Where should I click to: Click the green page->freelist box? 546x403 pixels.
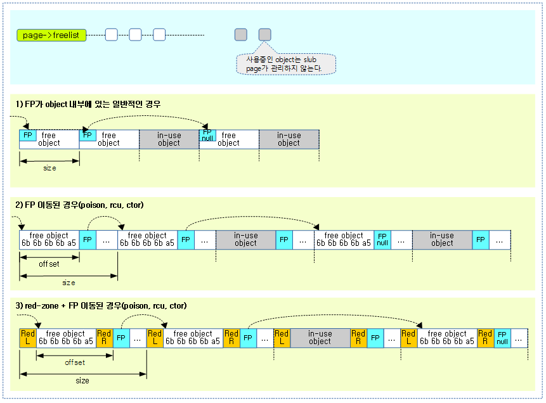(x=51, y=35)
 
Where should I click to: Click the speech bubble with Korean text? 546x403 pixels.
(x=285, y=64)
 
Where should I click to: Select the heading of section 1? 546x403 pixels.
(x=88, y=103)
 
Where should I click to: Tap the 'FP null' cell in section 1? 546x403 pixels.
(x=207, y=135)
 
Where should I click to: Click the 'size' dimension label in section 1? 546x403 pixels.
(x=49, y=168)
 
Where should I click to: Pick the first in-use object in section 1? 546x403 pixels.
(x=169, y=139)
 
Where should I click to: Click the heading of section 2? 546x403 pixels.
(x=80, y=205)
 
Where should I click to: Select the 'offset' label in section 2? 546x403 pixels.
(x=49, y=264)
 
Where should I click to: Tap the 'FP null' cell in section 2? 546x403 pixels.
(x=382, y=240)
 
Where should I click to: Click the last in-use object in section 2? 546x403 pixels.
(x=442, y=240)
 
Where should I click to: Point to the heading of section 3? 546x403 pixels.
(x=101, y=305)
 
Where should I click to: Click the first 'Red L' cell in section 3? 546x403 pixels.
(x=28, y=337)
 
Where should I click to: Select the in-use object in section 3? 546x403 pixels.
(x=320, y=337)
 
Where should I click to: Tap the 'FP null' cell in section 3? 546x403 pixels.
(x=502, y=337)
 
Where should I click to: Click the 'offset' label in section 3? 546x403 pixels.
(x=75, y=362)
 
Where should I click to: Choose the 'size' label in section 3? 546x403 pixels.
(x=82, y=381)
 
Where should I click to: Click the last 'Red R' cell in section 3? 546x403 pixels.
(x=485, y=337)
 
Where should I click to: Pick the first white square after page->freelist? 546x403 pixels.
(x=112, y=35)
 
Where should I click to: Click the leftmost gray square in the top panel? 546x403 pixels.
(x=241, y=35)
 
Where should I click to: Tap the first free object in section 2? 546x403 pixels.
(x=49, y=240)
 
